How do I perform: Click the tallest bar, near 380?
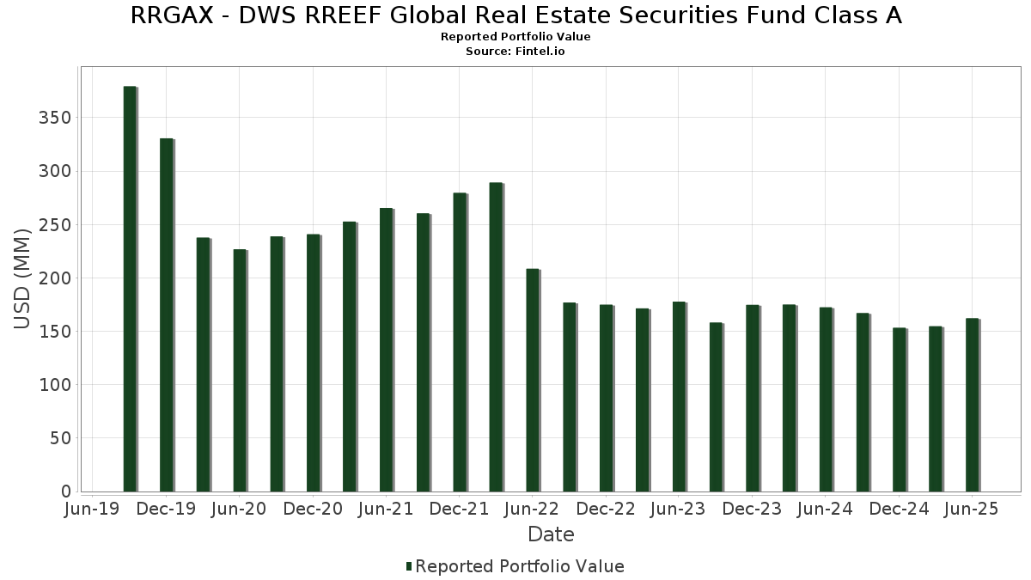[130, 289]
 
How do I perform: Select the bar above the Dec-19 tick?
[167, 314]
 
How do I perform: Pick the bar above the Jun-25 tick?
[972, 405]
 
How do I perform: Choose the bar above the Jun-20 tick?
[240, 370]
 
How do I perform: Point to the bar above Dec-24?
[899, 409]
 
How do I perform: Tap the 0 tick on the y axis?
[65, 491]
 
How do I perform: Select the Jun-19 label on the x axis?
[93, 510]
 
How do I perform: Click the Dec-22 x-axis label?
[606, 510]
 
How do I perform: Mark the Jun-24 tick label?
[826, 510]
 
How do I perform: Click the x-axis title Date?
[551, 534]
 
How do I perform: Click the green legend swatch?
[409, 566]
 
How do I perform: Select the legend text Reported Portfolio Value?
[520, 566]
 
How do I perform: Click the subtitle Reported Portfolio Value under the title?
[515, 37]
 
